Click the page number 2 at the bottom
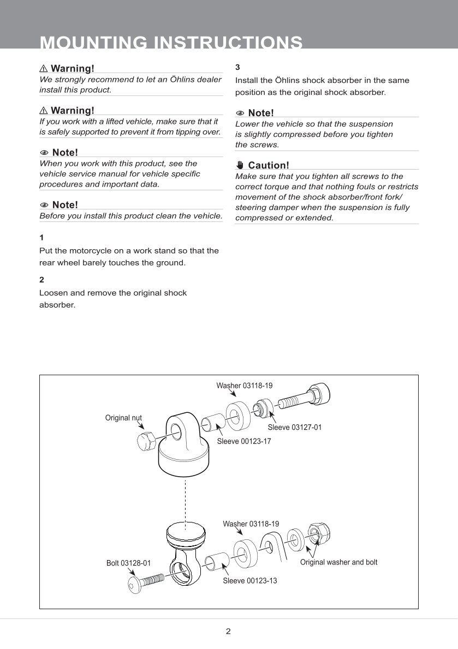pyautogui.click(x=228, y=632)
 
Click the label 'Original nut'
pyautogui.click(x=123, y=418)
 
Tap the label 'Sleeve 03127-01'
pyautogui.click(x=294, y=427)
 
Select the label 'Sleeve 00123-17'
pyautogui.click(x=243, y=441)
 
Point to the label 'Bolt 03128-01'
pyautogui.click(x=128, y=563)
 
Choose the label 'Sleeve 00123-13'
pyautogui.click(x=249, y=581)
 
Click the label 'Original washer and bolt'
pyautogui.click(x=338, y=562)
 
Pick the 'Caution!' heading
pyautogui.click(x=268, y=165)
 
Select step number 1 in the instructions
pyautogui.click(x=41, y=238)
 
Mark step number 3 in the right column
pyautogui.click(x=237, y=67)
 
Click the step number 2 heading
pyautogui.click(x=41, y=279)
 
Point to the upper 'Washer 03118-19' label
pyautogui.click(x=244, y=386)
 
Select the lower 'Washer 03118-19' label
pyautogui.click(x=251, y=524)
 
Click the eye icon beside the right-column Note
pyautogui.click(x=240, y=113)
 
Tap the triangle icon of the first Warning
pyautogui.click(x=44, y=69)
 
